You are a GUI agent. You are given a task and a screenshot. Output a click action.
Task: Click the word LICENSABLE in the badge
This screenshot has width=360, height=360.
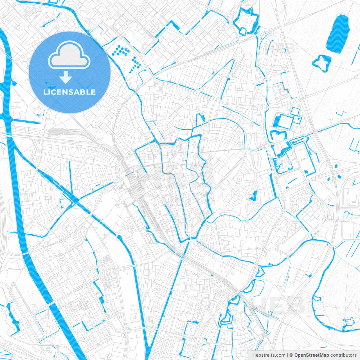69,92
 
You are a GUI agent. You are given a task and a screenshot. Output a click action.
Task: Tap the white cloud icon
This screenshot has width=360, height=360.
69,55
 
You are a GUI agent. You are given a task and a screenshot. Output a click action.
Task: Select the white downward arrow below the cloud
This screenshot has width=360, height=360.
66,77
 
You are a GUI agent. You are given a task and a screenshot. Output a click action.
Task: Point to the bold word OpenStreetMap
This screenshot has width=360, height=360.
312,355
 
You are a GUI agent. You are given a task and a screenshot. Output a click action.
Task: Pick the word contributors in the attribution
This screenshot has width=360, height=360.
343,355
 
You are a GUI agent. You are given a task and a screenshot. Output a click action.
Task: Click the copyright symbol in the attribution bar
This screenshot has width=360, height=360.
291,355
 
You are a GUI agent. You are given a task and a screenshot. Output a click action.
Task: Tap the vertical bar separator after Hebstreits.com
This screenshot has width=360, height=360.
287,355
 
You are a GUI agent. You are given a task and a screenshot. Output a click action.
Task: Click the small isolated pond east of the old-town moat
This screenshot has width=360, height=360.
253,195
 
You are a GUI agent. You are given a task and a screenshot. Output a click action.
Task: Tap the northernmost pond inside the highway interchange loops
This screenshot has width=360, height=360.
336,166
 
